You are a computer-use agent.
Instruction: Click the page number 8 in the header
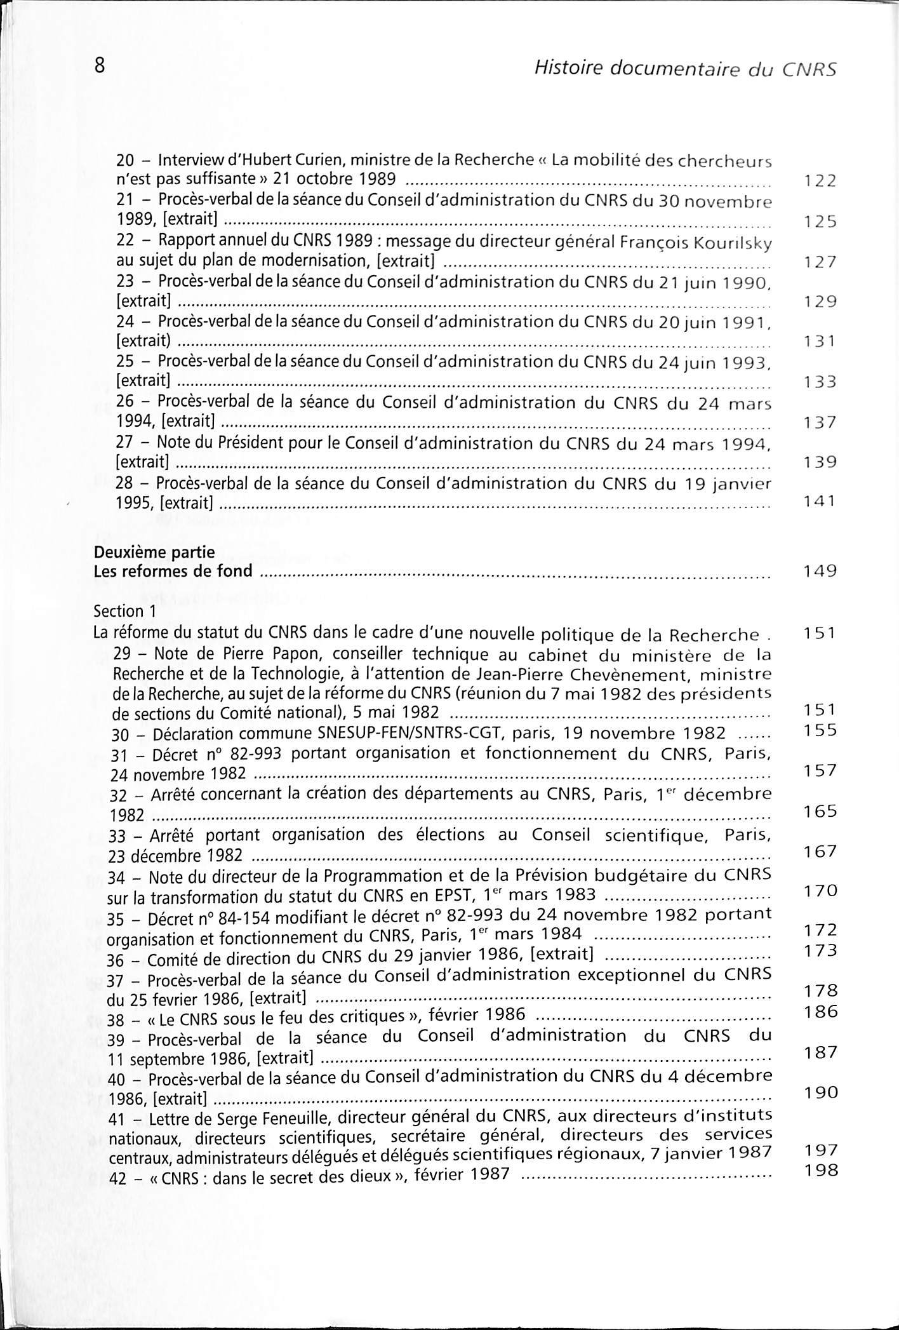(x=100, y=66)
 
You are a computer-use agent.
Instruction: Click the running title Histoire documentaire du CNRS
(x=685, y=67)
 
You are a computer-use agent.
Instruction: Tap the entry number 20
(x=126, y=161)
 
